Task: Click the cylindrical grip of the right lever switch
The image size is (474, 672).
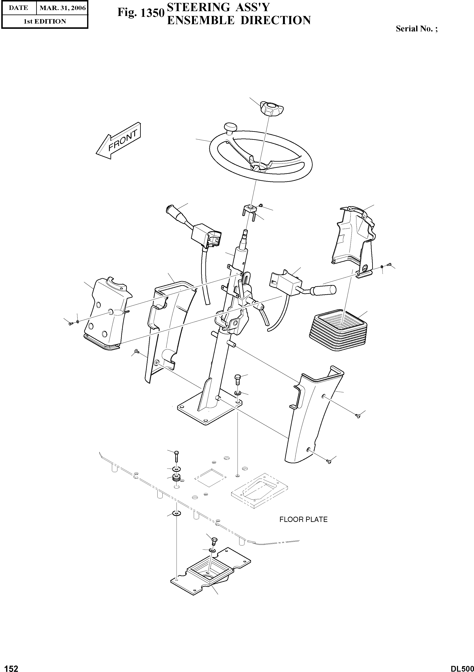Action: tap(324, 290)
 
